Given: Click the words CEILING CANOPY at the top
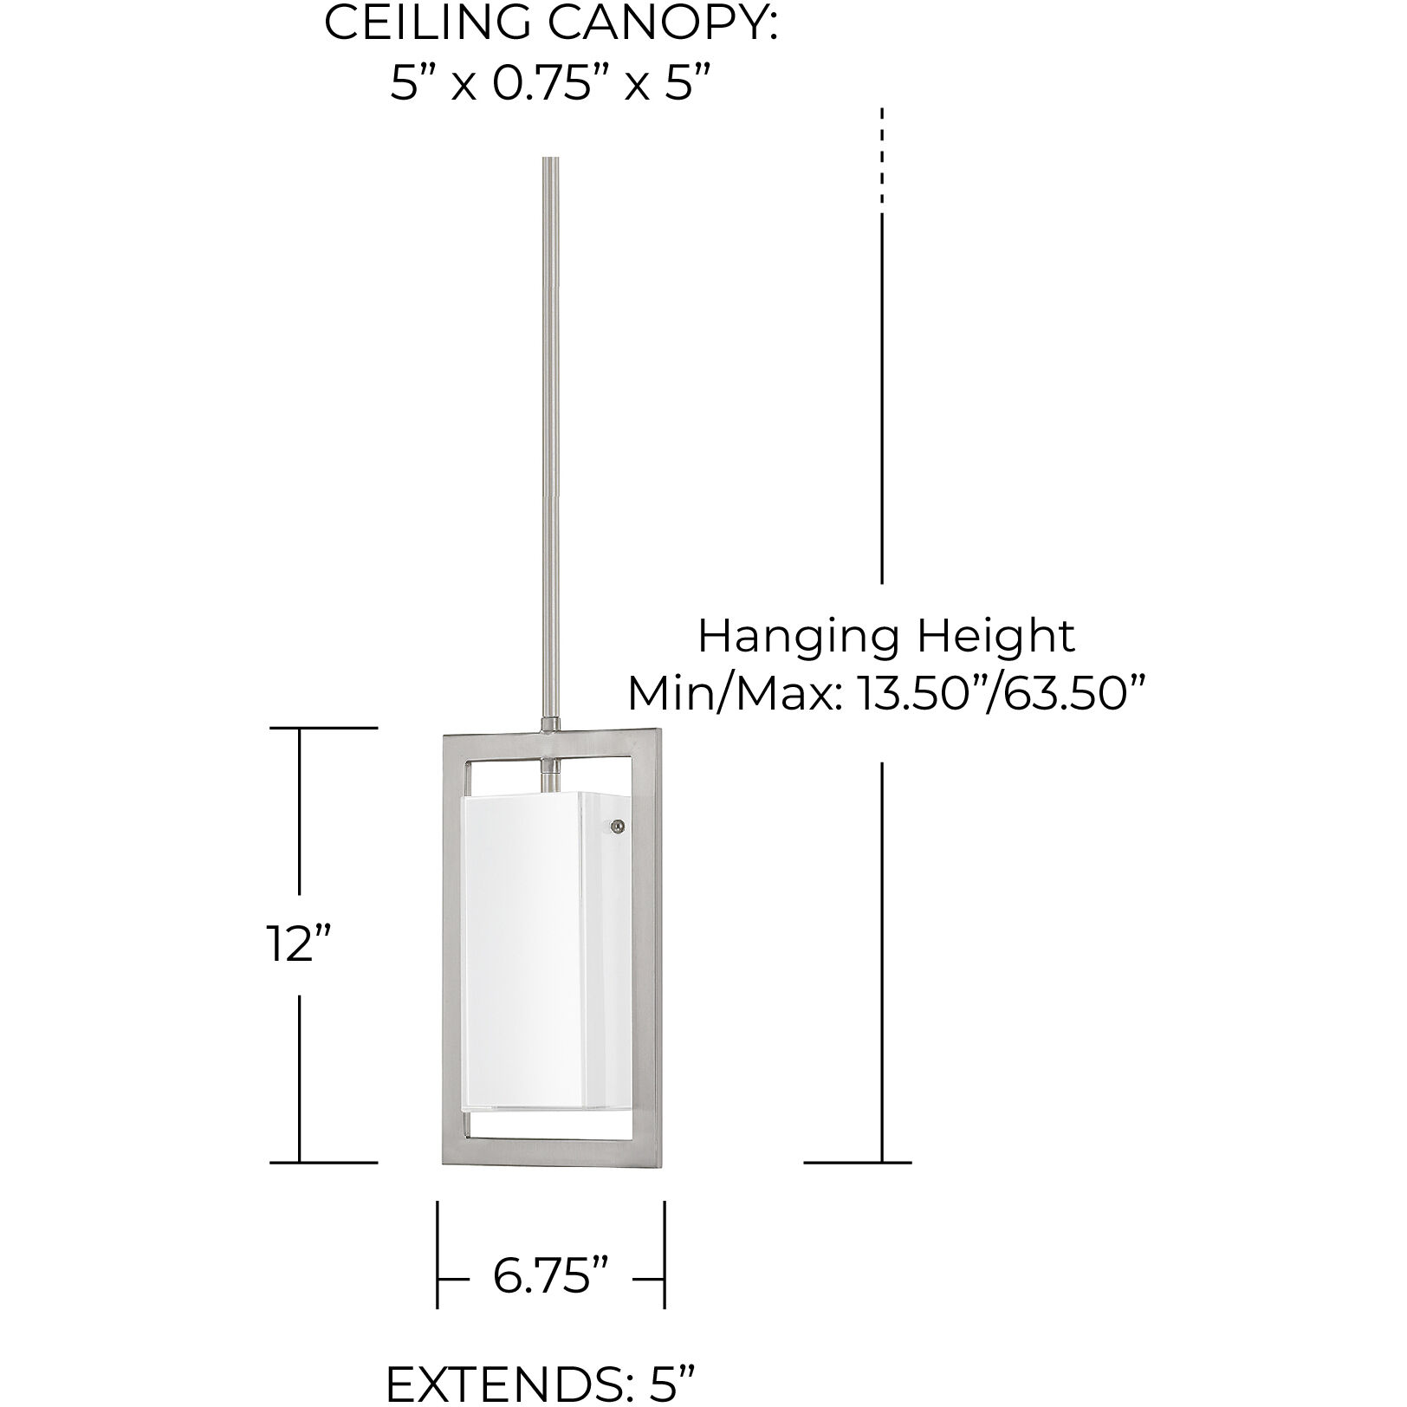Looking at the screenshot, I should tap(550, 23).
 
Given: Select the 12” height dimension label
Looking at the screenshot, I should tap(299, 943).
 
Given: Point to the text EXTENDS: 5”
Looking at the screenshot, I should tap(541, 1383).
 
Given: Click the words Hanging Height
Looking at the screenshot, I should tap(885, 636).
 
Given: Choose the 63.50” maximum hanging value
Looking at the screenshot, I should tap(1072, 693).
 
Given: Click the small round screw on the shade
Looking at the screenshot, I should tap(617, 827).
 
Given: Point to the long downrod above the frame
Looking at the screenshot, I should tap(550, 433).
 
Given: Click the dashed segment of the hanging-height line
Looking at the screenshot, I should tap(882, 156).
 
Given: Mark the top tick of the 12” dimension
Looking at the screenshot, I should tap(323, 728).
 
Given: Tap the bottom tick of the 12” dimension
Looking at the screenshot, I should tap(323, 1162).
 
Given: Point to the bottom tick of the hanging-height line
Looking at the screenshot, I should tap(857, 1162).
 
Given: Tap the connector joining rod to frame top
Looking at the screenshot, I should tap(550, 723).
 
